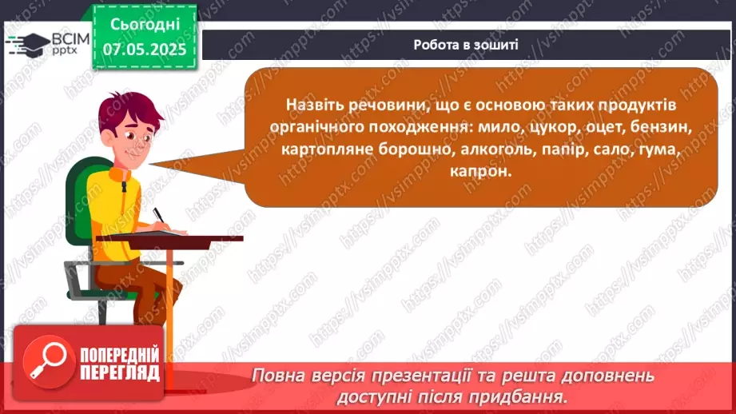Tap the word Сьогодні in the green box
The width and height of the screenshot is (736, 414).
click(x=145, y=24)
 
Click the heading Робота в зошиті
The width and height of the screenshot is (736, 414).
click(x=466, y=45)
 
